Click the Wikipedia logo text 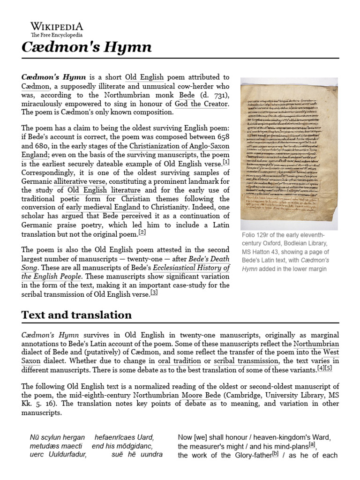point(57,26)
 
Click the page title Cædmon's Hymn point(87,47)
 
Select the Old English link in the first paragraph point(144,77)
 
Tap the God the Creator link point(202,104)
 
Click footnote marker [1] point(226,162)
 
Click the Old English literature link point(104,190)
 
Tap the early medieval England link point(103,207)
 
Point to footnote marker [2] point(142,232)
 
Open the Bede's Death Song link point(209,259)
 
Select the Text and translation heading point(76,315)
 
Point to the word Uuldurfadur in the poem point(63,455)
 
